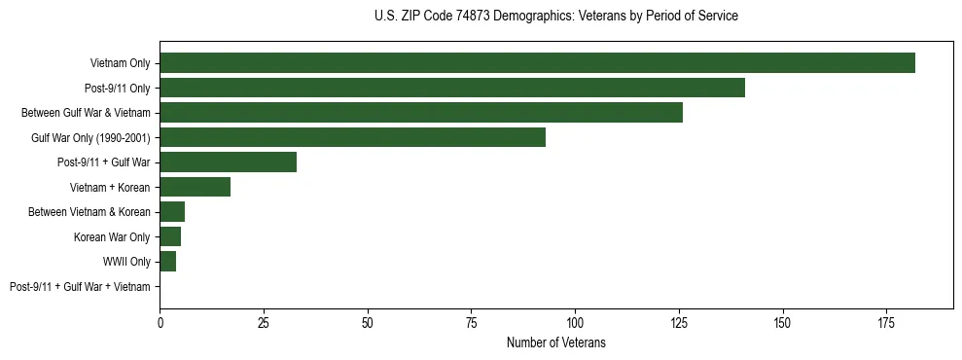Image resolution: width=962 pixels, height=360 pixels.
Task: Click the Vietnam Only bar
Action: coord(537,63)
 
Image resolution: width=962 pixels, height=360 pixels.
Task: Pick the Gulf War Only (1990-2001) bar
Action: coord(352,137)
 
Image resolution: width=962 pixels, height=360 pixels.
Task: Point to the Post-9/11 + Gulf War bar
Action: coord(228,162)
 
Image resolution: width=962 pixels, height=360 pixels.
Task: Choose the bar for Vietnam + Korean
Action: coord(195,187)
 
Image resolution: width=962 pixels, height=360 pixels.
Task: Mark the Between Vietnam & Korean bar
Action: coord(172,212)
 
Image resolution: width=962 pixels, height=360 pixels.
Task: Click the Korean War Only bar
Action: coord(170,236)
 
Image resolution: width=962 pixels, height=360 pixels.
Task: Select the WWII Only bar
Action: coord(168,262)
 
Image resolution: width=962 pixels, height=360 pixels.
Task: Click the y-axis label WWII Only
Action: coord(126,262)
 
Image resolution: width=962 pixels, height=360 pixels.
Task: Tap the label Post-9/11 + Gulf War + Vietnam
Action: coord(80,287)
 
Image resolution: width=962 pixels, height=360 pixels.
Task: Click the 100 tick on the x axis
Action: coord(575,322)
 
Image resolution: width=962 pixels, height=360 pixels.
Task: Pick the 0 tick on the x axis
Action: coord(160,322)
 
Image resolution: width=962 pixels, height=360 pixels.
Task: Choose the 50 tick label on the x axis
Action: coord(368,322)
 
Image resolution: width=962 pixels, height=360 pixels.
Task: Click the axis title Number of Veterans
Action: coord(555,342)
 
